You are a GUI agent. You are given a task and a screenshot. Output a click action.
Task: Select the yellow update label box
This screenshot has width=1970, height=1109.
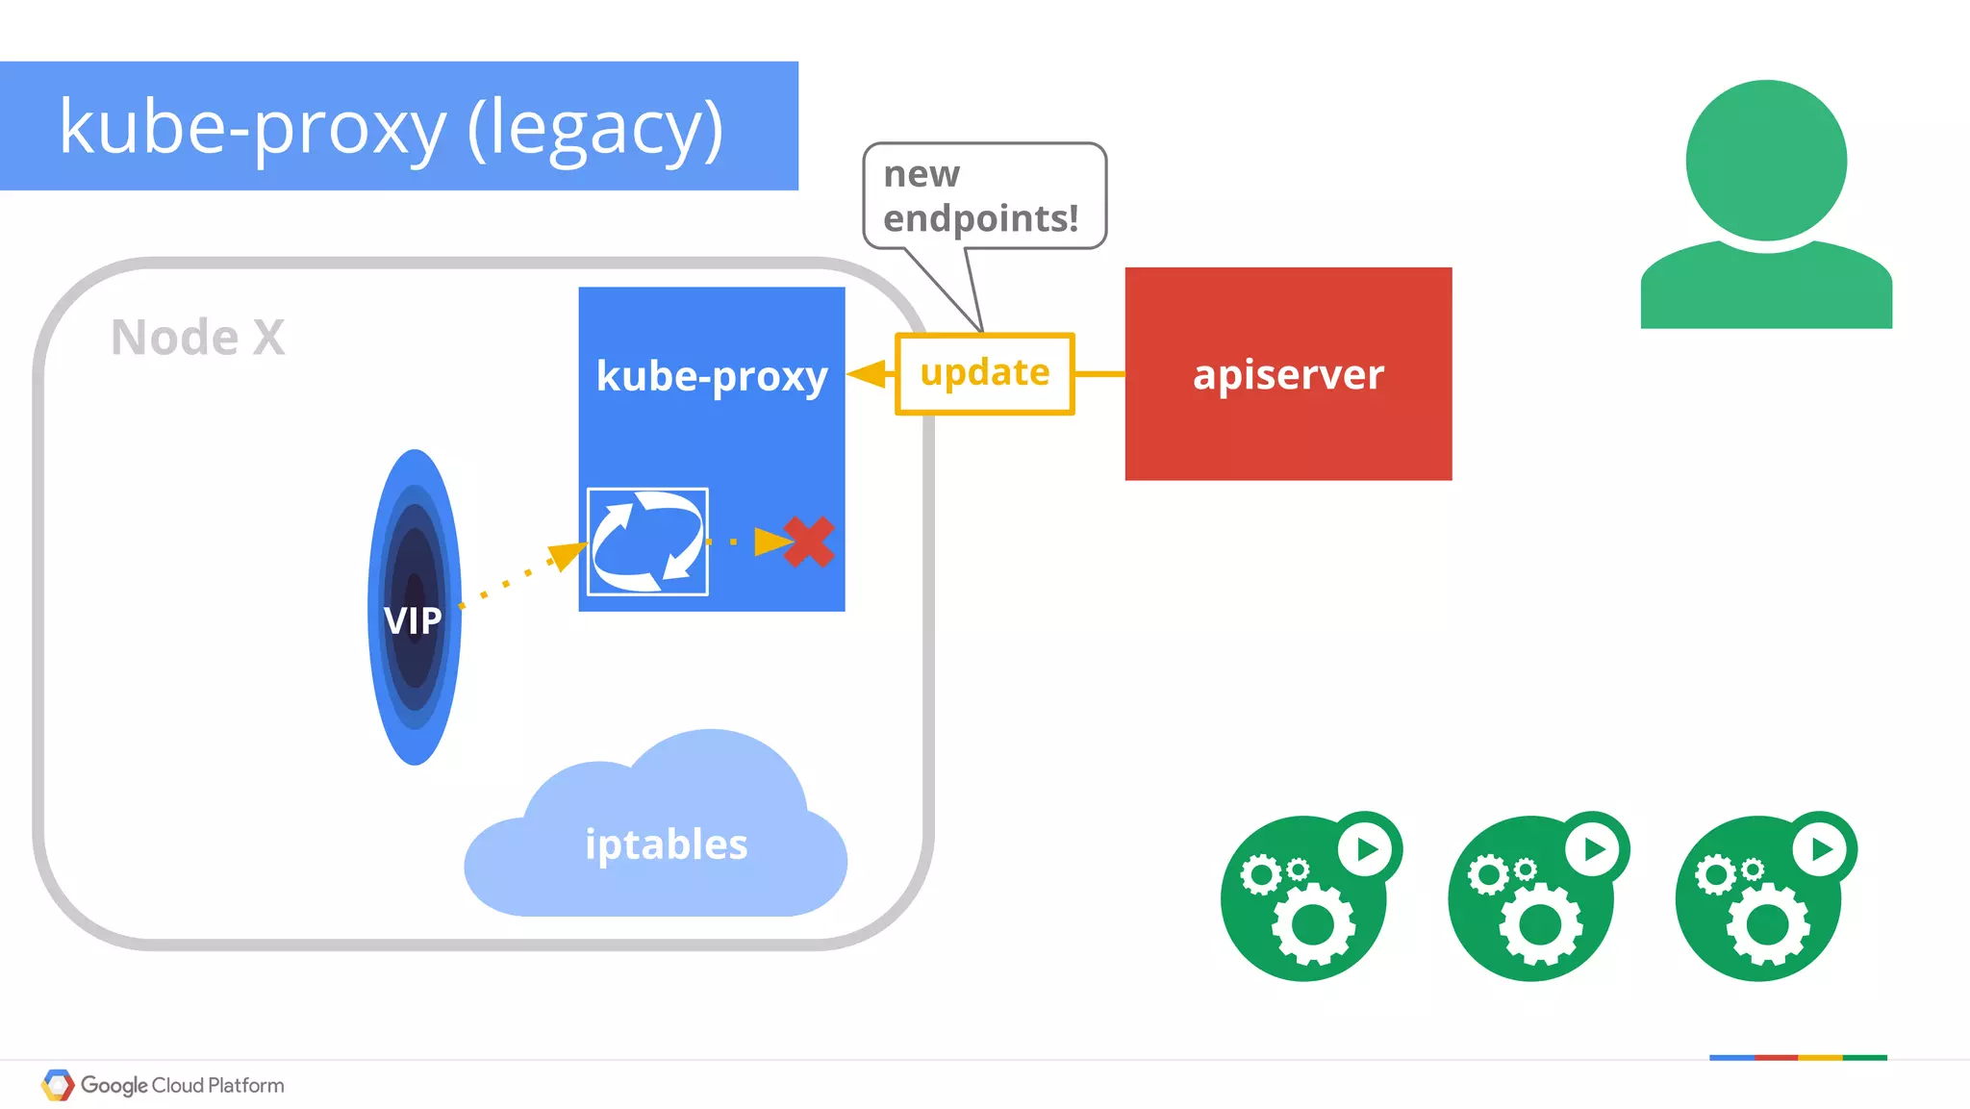pos(984,373)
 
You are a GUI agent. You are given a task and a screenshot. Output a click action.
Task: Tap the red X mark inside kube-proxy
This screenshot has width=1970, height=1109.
pos(808,542)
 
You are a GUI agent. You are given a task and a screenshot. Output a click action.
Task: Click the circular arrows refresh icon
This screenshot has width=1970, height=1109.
pos(647,542)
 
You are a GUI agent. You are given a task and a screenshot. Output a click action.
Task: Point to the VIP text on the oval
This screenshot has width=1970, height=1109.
pos(413,620)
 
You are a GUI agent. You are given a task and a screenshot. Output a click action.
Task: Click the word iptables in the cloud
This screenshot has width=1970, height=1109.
pos(666,844)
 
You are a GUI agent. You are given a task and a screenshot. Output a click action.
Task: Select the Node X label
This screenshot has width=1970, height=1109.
pos(197,338)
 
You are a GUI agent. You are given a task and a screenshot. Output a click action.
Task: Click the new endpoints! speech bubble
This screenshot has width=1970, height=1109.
pos(984,196)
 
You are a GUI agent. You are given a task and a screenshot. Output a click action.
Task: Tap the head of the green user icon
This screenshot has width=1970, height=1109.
pos(1765,160)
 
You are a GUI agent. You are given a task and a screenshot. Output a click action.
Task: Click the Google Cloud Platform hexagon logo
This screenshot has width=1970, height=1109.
pos(58,1085)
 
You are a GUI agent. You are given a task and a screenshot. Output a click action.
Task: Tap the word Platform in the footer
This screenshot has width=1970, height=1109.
pos(246,1085)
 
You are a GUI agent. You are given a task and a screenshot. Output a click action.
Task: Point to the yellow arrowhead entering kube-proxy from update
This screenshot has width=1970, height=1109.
pos(869,374)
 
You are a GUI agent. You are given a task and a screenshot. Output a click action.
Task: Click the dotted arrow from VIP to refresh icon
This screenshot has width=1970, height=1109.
pos(519,577)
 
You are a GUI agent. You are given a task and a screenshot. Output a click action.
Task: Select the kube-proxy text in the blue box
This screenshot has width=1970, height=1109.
pos(711,376)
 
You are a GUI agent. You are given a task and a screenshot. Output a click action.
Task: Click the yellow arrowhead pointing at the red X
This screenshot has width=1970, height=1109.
pos(771,542)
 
